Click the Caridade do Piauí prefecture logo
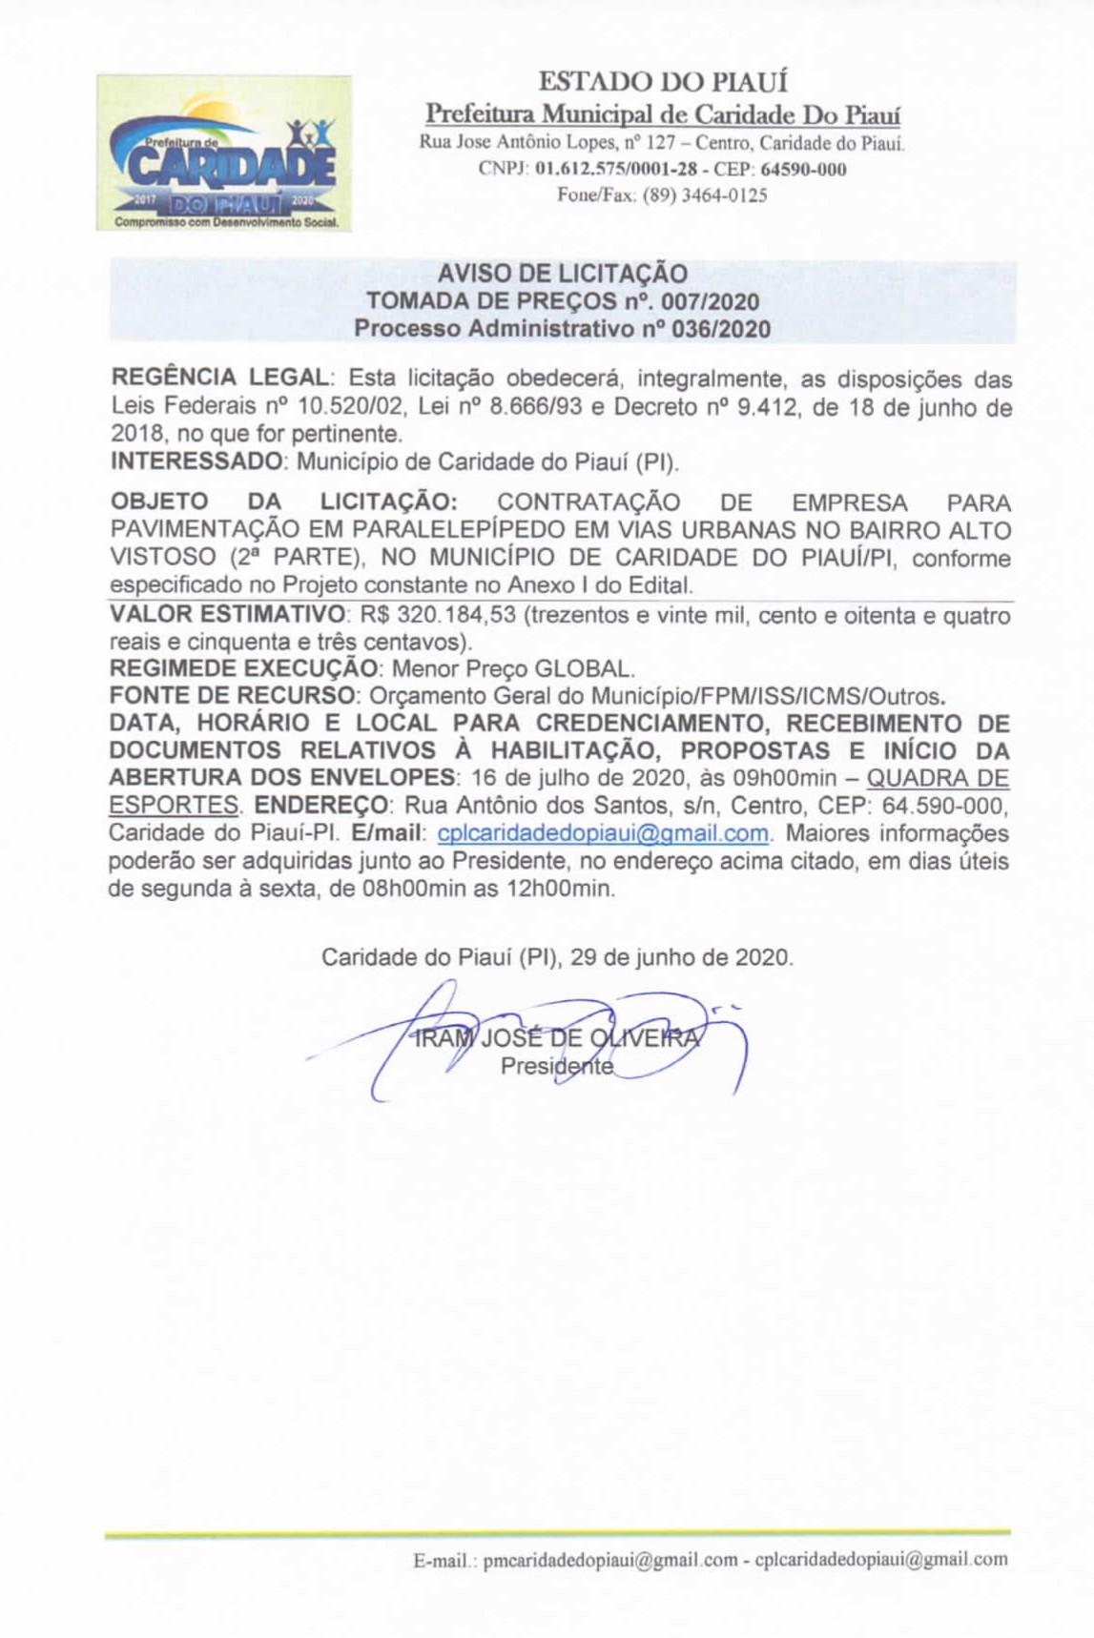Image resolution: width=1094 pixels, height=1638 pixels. pos(223,154)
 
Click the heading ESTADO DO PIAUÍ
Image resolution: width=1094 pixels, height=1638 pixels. pos(663,82)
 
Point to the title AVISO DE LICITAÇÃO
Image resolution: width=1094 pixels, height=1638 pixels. pos(563,274)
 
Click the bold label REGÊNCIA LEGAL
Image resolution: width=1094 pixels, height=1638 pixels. pos(219,379)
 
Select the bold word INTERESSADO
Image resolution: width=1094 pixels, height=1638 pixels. pos(196,462)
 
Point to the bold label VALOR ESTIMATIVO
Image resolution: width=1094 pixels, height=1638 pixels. pos(227,615)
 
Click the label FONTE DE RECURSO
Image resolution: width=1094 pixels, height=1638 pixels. pos(233,696)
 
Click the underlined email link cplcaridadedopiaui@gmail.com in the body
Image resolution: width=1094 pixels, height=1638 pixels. pos(603,833)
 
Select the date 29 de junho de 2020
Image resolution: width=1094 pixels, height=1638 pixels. pos(681,957)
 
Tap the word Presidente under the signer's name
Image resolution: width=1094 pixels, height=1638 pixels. pos(557,1067)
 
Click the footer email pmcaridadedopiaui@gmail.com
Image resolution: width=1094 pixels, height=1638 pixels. pos(610,1561)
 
